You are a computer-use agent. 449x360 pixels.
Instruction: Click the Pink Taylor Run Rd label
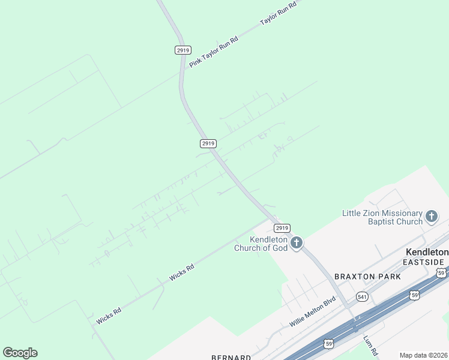(x=214, y=51)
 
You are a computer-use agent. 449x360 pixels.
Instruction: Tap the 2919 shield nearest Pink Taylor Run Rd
(x=183, y=50)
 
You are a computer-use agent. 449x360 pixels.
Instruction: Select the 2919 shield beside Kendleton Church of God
(x=282, y=228)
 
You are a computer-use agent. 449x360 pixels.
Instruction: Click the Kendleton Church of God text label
(x=261, y=244)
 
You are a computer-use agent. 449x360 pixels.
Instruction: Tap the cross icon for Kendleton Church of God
(x=296, y=243)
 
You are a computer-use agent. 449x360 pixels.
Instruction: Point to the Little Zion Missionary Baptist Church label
(x=382, y=217)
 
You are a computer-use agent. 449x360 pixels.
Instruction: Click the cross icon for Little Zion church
(x=431, y=217)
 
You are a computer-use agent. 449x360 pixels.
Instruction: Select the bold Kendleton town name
(x=426, y=253)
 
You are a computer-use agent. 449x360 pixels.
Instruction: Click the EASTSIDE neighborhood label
(x=424, y=262)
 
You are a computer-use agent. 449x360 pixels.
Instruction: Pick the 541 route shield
(x=362, y=296)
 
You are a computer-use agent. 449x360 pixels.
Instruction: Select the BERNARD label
(x=231, y=357)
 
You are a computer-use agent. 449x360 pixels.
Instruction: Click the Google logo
(x=20, y=353)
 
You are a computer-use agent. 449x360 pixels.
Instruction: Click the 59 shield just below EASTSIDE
(x=442, y=273)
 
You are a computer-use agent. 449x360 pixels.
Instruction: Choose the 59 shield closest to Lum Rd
(x=328, y=343)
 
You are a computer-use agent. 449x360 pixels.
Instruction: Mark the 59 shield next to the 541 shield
(x=414, y=295)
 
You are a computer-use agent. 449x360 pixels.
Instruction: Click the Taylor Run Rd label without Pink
(x=279, y=13)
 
